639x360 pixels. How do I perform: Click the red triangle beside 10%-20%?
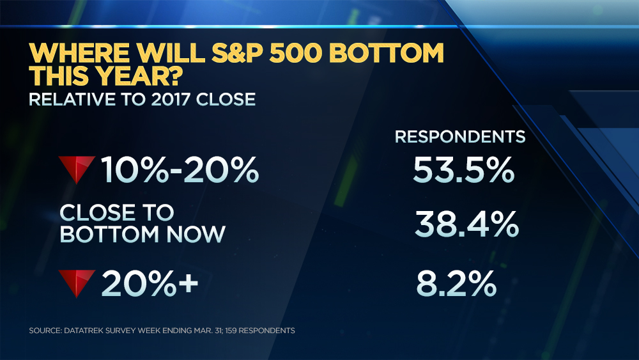pyautogui.click(x=77, y=168)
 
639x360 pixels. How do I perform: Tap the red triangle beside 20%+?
pyautogui.click(x=77, y=281)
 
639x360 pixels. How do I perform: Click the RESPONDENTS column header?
pyautogui.click(x=460, y=136)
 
